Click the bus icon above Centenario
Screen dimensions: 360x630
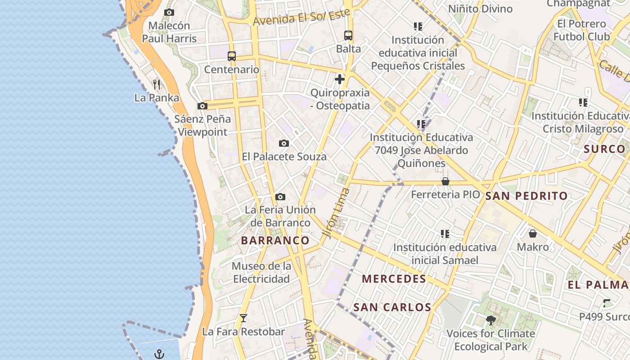[232, 56]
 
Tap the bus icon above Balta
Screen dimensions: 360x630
[348, 35]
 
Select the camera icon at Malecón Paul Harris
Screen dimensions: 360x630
[169, 13]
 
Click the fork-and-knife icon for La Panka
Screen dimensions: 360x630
[157, 84]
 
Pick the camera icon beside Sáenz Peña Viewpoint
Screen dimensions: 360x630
[202, 106]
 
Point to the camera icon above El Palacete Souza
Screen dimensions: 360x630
[283, 144]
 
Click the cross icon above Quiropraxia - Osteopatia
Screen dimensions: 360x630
[340, 80]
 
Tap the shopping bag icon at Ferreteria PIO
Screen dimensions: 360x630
[445, 181]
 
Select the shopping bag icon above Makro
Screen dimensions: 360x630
[533, 234]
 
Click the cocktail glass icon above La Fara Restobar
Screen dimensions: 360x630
[243, 318]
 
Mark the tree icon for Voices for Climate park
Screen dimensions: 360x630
[490, 320]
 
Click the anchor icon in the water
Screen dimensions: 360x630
[159, 354]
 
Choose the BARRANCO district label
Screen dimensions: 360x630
[275, 240]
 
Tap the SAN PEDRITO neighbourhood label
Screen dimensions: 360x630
[526, 196]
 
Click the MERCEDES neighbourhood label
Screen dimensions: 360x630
[394, 279]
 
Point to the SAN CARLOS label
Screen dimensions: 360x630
[392, 307]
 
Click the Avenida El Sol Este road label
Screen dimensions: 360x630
[301, 17]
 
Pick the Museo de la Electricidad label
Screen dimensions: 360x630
[261, 272]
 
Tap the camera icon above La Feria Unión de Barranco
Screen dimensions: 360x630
[280, 197]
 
